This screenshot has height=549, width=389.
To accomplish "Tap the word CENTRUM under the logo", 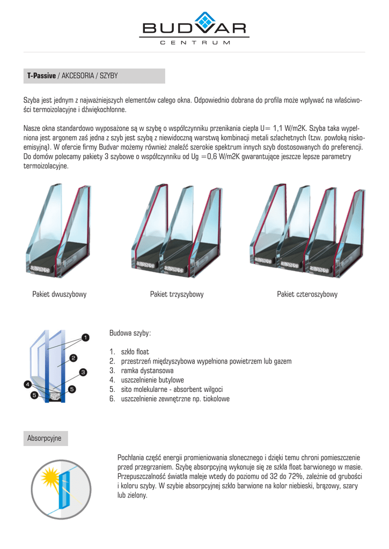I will (x=195, y=42).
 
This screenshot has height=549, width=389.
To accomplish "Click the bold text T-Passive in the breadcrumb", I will (x=41, y=76).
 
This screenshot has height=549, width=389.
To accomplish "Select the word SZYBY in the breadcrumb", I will (x=108, y=76).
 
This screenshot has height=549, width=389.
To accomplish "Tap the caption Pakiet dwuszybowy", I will (x=60, y=294).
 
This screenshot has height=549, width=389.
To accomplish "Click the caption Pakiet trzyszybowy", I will (x=177, y=294).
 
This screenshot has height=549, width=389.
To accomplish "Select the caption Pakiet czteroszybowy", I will (x=307, y=294).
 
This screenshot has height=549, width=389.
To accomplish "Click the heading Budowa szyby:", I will (x=130, y=333).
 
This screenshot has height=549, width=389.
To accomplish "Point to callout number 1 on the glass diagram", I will (x=85, y=338).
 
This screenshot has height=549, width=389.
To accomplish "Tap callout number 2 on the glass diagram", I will (x=73, y=357).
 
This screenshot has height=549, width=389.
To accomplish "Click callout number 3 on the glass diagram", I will (x=83, y=372).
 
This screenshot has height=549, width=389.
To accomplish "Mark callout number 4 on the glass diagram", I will (x=27, y=384).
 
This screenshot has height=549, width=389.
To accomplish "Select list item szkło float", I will (x=135, y=352).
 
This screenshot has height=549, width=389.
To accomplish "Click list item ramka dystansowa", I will (x=147, y=370).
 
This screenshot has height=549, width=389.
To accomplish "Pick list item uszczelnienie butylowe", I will (x=153, y=380).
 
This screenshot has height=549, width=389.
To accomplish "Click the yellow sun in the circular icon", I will (x=52, y=477).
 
